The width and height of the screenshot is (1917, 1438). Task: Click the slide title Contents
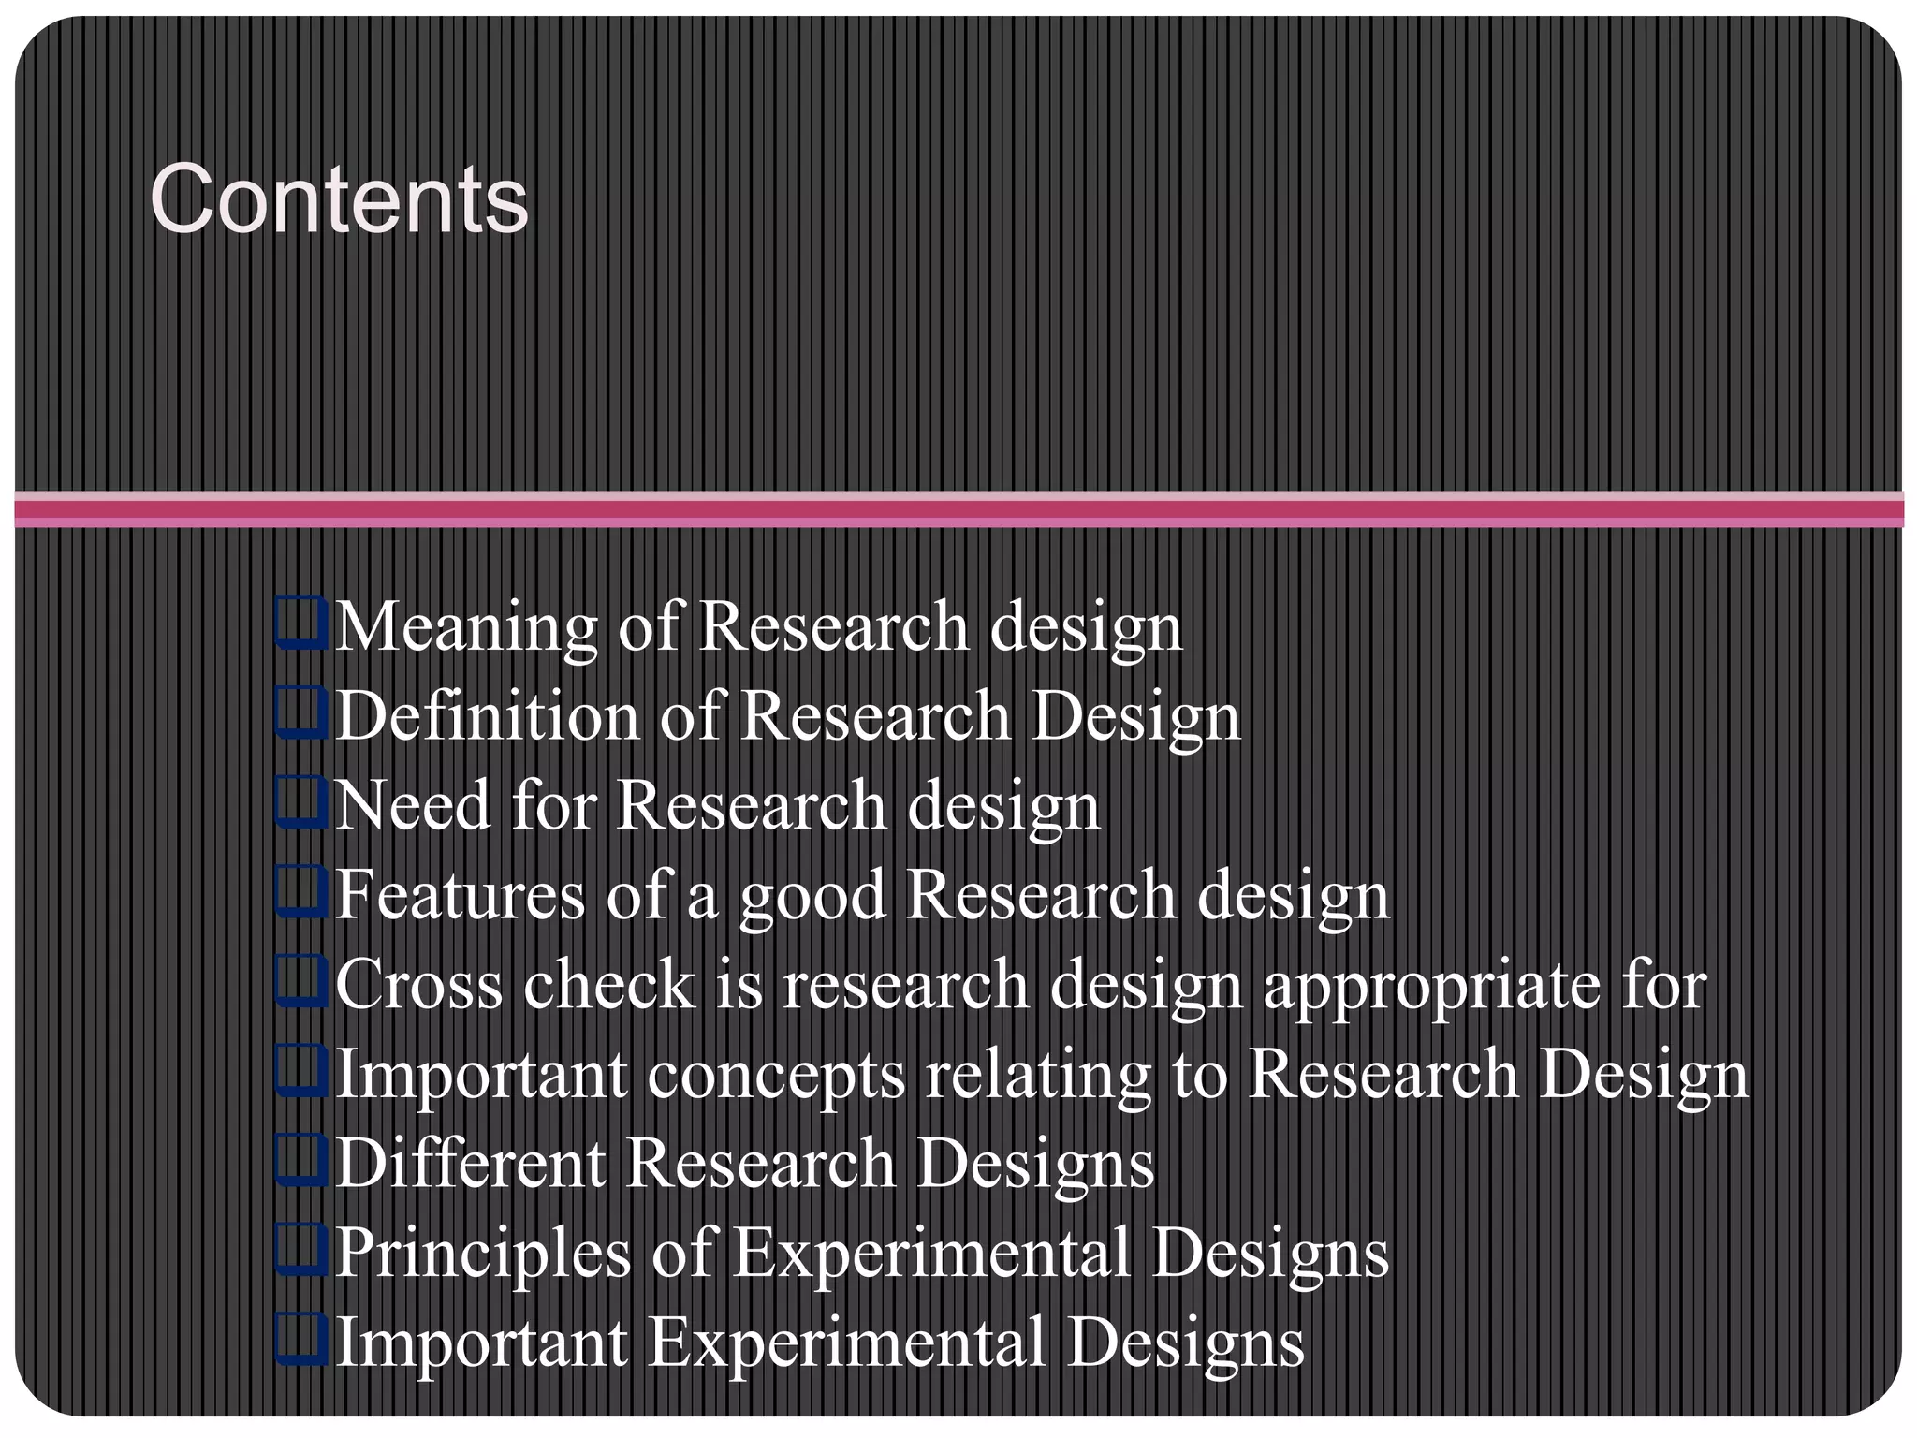click(x=339, y=199)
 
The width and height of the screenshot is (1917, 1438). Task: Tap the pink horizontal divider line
click(x=958, y=508)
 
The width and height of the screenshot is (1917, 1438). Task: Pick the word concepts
click(x=776, y=1075)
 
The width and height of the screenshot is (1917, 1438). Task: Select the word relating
click(x=1038, y=1075)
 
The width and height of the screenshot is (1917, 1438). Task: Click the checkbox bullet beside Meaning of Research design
click(x=301, y=624)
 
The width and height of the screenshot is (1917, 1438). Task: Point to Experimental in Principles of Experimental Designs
click(x=930, y=1253)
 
